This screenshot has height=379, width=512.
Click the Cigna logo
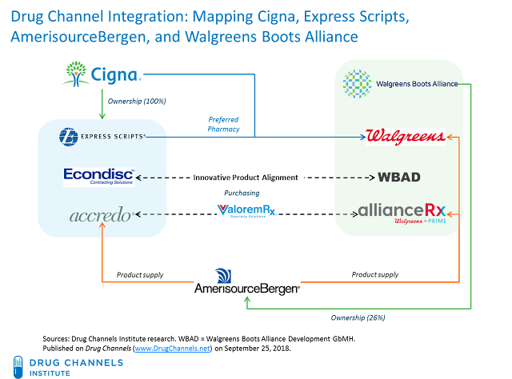point(102,77)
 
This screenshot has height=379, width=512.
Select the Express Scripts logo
point(102,138)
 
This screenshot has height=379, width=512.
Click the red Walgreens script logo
point(404,137)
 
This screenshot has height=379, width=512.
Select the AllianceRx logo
point(402,213)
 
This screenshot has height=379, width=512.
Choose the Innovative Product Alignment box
point(246,177)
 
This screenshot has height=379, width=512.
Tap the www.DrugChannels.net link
point(171,349)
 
